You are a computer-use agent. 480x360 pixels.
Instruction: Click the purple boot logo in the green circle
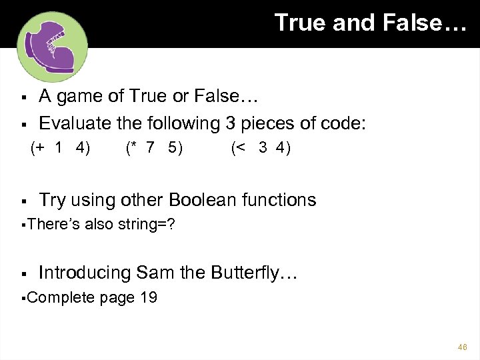[51, 47]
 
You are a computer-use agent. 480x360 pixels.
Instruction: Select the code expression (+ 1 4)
[61, 148]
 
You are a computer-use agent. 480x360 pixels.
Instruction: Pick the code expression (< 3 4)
[261, 148]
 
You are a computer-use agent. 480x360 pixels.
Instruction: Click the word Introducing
[85, 273]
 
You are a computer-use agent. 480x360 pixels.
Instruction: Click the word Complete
[62, 297]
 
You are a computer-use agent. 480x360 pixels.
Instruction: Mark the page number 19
[148, 297]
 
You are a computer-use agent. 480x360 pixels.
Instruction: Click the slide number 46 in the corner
[462, 347]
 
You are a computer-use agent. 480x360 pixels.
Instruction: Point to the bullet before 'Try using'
[23, 201]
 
